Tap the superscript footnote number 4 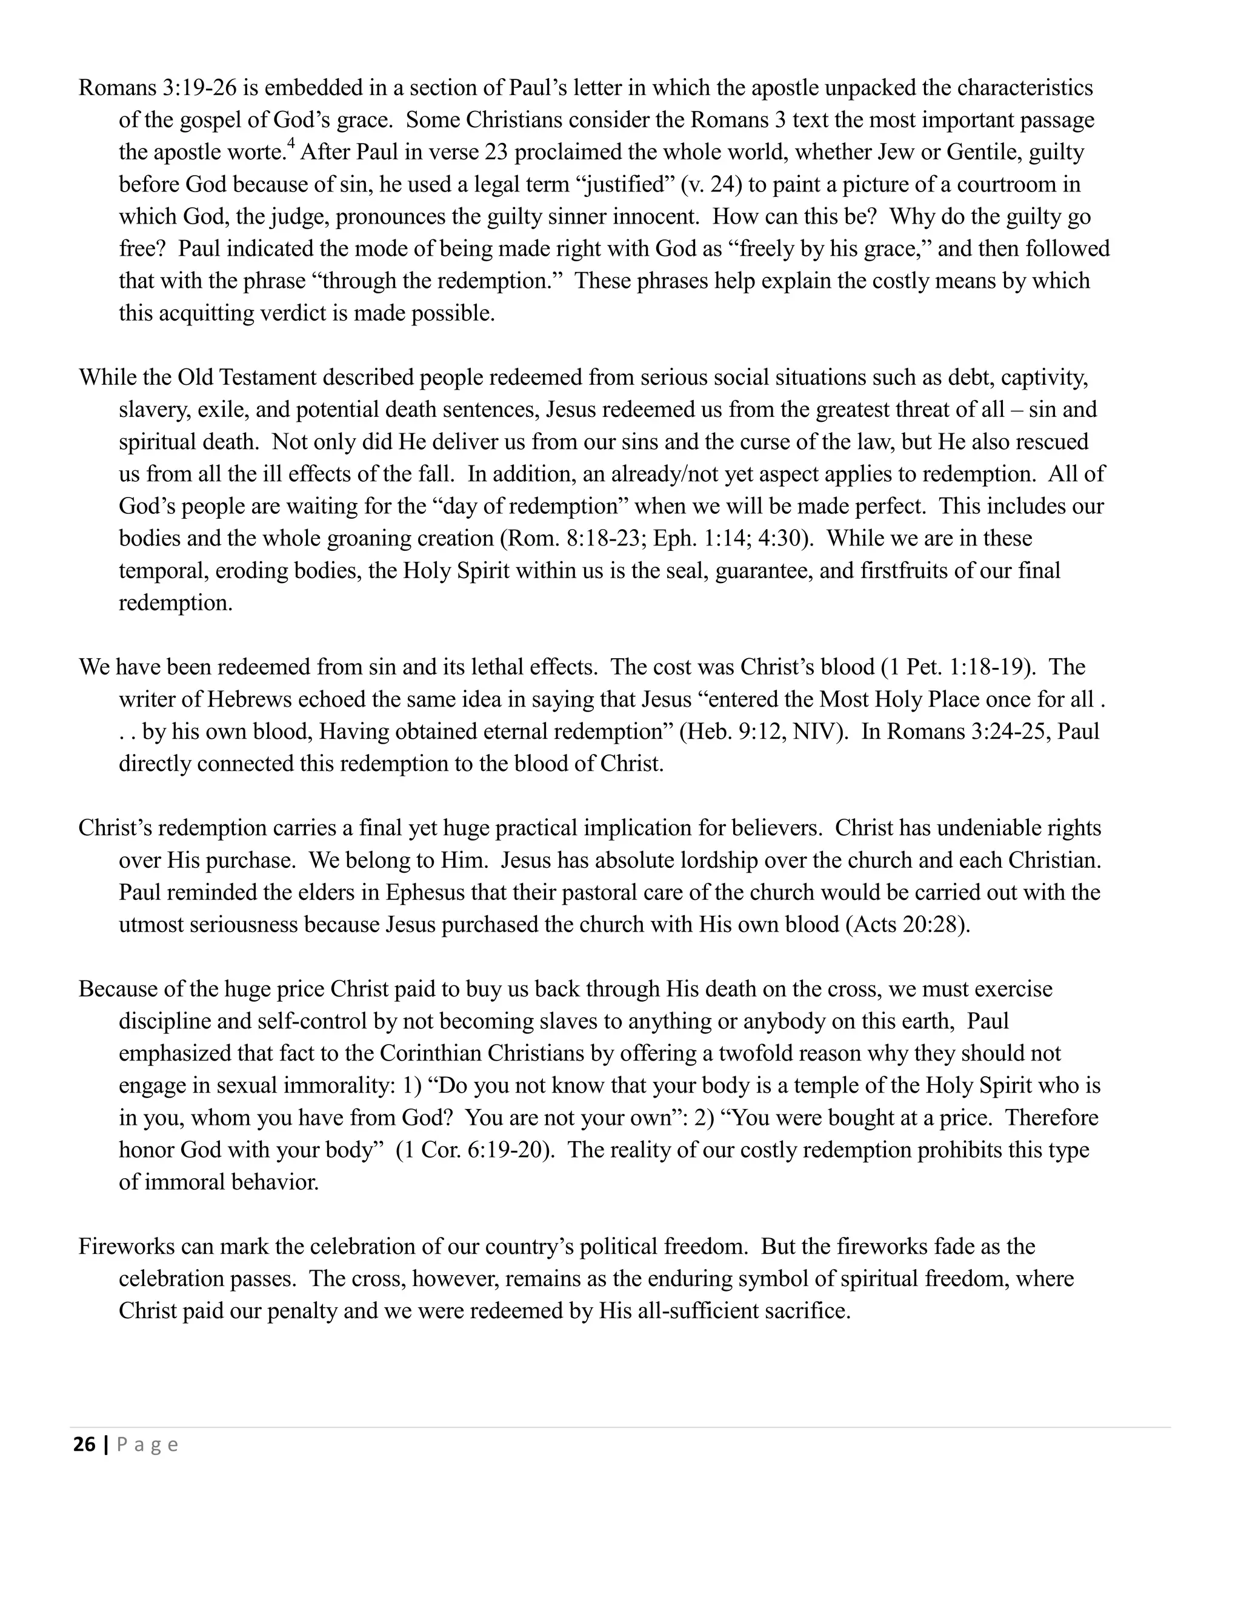[x=290, y=145]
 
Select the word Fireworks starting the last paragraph [x=127, y=1247]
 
